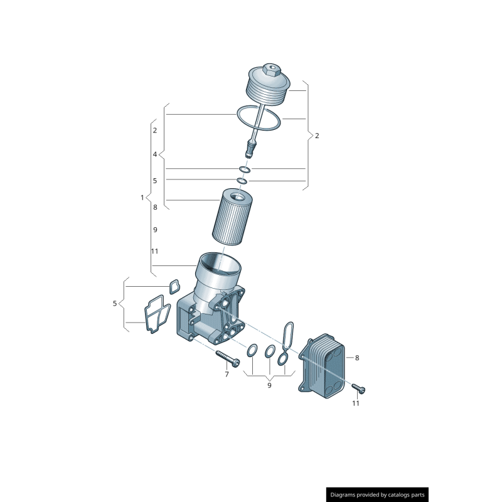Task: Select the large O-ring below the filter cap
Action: tap(258, 119)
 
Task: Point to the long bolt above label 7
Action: tap(228, 358)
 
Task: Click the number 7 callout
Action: tap(227, 375)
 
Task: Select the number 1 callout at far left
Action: tap(142, 198)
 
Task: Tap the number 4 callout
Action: tap(155, 154)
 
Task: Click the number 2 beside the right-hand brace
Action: tap(317, 136)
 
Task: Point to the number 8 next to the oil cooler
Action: tap(357, 358)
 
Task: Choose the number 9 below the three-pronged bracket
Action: tap(269, 385)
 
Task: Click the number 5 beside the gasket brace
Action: tap(115, 304)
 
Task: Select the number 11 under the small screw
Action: tap(356, 403)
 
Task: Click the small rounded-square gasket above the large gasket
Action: tap(174, 287)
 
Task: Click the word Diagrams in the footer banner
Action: tap(347, 494)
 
